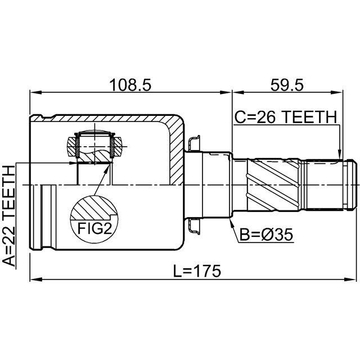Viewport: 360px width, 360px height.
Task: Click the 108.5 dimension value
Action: click(130, 85)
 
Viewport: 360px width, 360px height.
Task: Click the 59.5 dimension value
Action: click(287, 85)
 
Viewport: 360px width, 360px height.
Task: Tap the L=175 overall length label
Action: click(196, 271)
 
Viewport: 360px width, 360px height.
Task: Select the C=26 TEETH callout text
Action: click(286, 117)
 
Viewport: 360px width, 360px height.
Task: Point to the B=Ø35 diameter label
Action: click(266, 235)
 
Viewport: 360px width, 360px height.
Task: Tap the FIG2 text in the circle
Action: click(94, 228)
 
